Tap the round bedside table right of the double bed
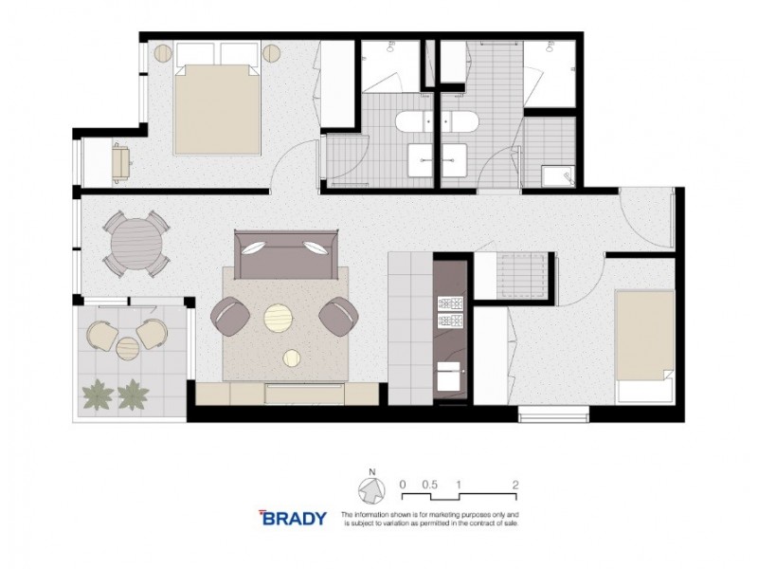(275, 54)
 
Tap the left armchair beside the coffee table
(231, 316)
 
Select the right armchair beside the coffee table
(337, 316)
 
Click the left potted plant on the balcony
(97, 392)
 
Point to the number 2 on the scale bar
(514, 484)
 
